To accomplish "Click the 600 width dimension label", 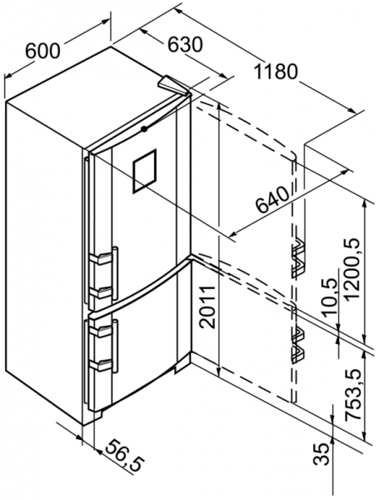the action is [x=42, y=50].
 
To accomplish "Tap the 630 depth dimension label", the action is [x=185, y=44].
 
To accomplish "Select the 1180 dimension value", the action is [x=276, y=72].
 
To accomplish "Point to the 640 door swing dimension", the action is [x=272, y=200].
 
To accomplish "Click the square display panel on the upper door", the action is [x=144, y=171].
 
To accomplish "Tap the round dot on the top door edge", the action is [x=144, y=129].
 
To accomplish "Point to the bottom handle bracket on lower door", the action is [x=101, y=366].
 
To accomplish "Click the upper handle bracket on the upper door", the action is [x=101, y=258].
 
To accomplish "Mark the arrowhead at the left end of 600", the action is [x=7, y=76].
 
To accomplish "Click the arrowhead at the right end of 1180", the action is [x=352, y=110].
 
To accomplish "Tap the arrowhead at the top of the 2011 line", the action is [x=219, y=107].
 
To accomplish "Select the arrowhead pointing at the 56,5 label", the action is [x=98, y=451].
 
